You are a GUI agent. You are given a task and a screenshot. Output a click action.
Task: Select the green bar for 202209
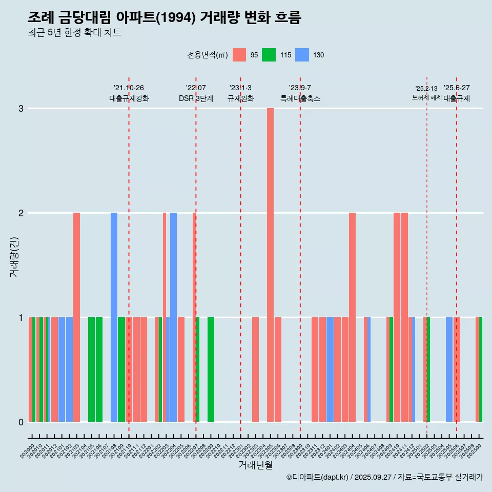pyautogui.click(x=211, y=369)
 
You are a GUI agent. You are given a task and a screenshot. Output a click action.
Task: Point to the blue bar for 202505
pyautogui.click(x=449, y=369)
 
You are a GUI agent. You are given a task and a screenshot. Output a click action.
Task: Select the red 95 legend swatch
pyautogui.click(x=239, y=55)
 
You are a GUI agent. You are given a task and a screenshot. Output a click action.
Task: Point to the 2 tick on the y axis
pyautogui.click(x=21, y=213)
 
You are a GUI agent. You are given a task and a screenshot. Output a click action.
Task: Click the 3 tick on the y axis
pyautogui.click(x=21, y=108)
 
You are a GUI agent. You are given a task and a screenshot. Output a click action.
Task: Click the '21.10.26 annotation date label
pyautogui.click(x=129, y=88)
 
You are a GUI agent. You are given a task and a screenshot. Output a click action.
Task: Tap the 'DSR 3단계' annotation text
pyautogui.click(x=196, y=98)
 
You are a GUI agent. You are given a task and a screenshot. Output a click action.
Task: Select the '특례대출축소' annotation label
pyautogui.click(x=300, y=98)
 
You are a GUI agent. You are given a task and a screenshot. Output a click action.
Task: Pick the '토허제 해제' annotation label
pyautogui.click(x=426, y=97)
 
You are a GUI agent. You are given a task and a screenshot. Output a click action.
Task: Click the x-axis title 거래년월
pyautogui.click(x=255, y=465)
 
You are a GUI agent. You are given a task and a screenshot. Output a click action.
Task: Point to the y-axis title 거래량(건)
pyautogui.click(x=14, y=256)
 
